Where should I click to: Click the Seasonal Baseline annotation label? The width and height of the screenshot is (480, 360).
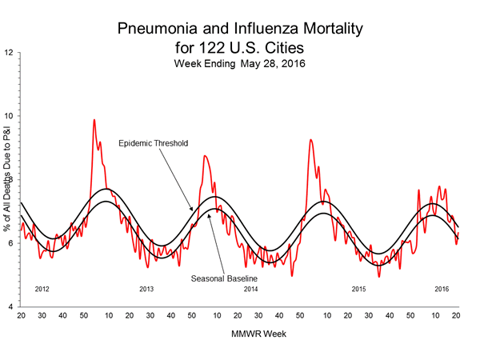coord(224,278)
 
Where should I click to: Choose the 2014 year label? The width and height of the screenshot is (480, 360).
coord(251,288)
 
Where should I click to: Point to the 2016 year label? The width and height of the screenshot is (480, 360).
coord(442,288)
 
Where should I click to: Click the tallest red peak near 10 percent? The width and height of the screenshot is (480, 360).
coord(94,120)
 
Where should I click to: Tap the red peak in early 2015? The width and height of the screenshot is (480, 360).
coord(310,140)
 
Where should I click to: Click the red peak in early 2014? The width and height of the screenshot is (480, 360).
coord(204,156)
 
